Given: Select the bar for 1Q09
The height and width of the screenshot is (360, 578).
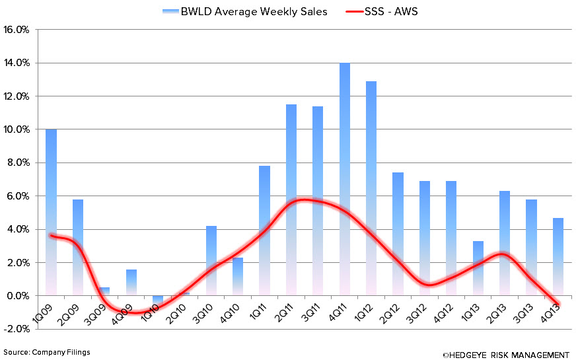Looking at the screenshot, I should pyautogui.click(x=51, y=211).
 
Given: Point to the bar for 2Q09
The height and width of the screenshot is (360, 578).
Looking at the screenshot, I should pyautogui.click(x=78, y=247).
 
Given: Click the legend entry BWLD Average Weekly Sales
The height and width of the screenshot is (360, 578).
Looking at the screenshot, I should pyautogui.click(x=244, y=12).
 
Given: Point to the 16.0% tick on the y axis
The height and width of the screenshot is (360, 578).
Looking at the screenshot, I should pyautogui.click(x=18, y=30).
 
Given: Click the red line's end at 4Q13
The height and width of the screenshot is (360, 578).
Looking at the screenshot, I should pyautogui.click(x=558, y=305).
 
